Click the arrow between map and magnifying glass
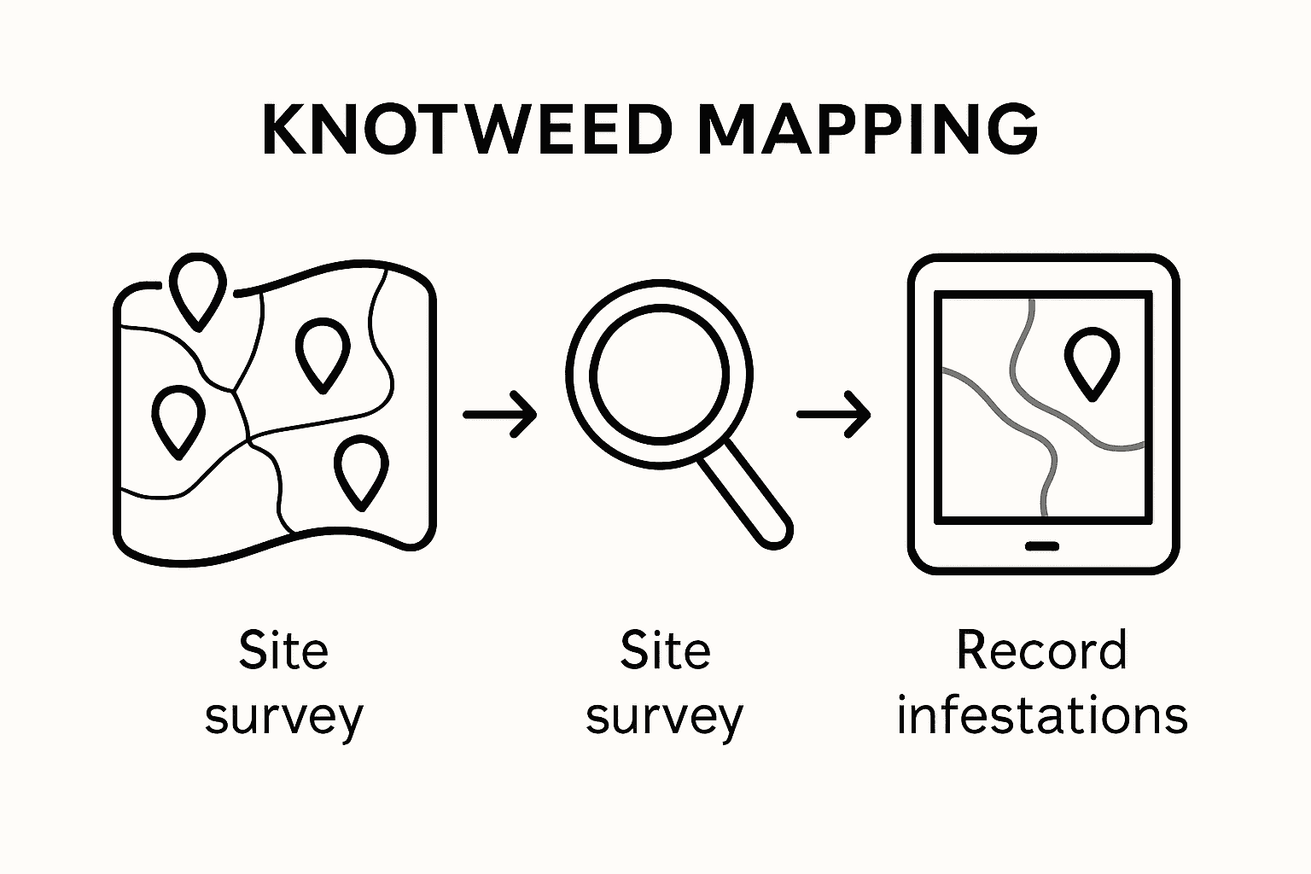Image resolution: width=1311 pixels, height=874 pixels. [x=500, y=415]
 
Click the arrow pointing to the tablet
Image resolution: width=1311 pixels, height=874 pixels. [x=834, y=415]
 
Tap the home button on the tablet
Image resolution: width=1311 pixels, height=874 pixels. [x=1041, y=546]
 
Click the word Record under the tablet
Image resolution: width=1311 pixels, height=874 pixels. [x=1041, y=650]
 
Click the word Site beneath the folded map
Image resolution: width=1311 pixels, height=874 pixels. [x=283, y=650]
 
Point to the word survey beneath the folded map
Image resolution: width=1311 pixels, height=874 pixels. [x=284, y=717]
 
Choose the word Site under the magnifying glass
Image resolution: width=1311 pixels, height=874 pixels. [x=665, y=650]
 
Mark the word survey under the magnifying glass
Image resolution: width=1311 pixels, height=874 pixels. [x=665, y=717]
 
